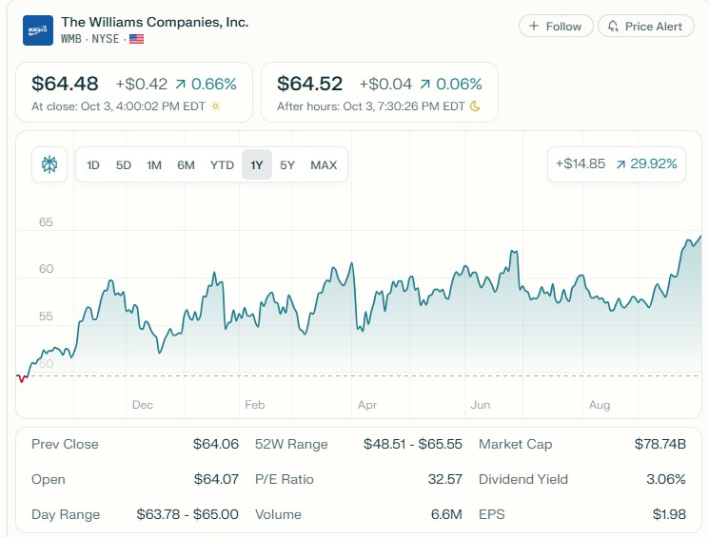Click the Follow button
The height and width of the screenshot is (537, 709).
(556, 27)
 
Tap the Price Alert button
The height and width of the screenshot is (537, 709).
(646, 27)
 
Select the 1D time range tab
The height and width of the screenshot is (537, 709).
(93, 165)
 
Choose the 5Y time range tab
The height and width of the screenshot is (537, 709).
(287, 165)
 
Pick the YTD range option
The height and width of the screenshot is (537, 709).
(222, 165)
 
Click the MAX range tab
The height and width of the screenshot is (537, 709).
(324, 165)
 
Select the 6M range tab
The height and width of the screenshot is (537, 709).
(186, 165)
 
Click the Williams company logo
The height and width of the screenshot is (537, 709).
(38, 30)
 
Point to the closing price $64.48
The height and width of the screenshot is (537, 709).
(65, 84)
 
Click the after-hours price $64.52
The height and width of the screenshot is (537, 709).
(310, 84)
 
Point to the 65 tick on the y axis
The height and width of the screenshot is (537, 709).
(46, 222)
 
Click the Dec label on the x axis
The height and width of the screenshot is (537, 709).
(142, 405)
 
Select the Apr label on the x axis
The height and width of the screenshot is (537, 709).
(367, 405)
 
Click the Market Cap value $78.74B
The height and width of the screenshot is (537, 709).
(660, 444)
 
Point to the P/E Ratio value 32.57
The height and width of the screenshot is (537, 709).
(444, 479)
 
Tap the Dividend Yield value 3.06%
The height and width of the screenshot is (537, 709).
(665, 479)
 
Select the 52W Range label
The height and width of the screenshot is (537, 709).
(291, 444)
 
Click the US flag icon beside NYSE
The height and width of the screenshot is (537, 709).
(137, 39)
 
